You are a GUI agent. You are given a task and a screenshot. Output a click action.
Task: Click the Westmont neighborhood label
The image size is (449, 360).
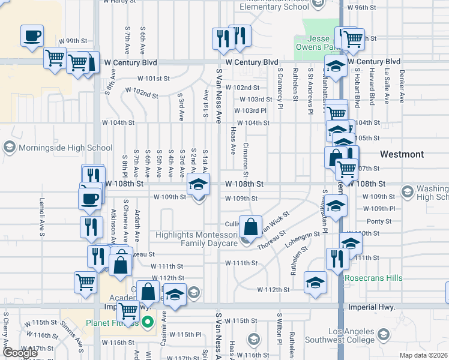[402, 154]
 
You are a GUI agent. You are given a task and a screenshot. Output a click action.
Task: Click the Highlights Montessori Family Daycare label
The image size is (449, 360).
[197, 239]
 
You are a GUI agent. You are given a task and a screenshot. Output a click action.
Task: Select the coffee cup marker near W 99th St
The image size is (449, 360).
[32, 36]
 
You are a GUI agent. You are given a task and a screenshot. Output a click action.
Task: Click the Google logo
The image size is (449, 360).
[20, 353]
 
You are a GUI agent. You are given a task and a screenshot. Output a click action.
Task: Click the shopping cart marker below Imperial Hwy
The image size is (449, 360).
[128, 311]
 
